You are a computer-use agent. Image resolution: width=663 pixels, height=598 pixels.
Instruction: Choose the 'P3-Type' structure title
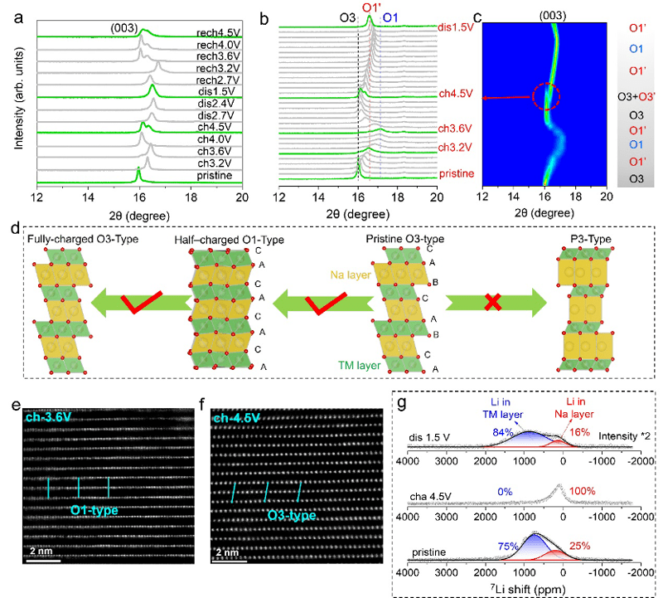(x=593, y=239)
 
